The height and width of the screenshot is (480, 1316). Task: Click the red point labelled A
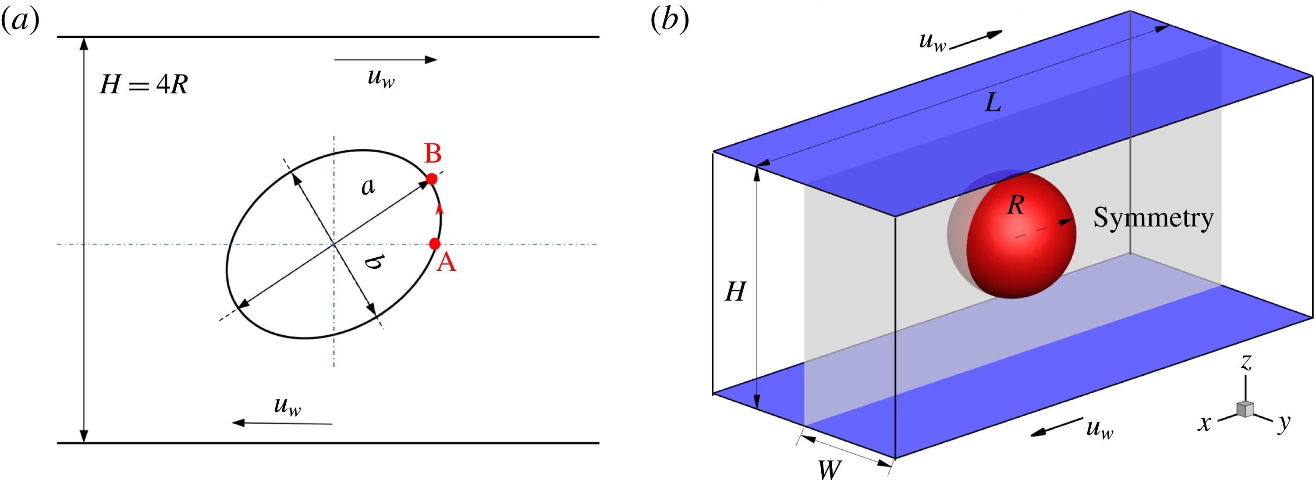pos(434,244)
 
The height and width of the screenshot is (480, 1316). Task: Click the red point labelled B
pos(432,179)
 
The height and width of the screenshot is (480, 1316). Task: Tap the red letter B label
pos(433,153)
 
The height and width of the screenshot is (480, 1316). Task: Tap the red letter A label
pos(446,263)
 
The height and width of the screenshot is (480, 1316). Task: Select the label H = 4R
pos(144,84)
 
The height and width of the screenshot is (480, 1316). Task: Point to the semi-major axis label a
pos(368,187)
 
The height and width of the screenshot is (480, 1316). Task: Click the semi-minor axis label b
pos(374,261)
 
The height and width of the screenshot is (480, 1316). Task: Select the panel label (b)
pos(669,21)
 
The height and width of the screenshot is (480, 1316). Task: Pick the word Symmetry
pos(1153,218)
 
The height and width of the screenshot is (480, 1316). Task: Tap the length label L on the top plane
pos(993,103)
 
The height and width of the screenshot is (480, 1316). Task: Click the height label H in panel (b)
pos(736,292)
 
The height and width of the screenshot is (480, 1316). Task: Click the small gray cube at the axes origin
pos(1245,409)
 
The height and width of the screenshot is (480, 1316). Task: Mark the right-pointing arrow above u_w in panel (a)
pos(386,60)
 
